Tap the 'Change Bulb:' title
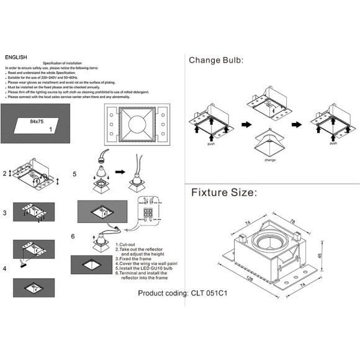coord(216,60)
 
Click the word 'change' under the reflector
coord(270,160)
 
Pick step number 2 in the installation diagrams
coord(4,174)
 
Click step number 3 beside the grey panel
coord(4,213)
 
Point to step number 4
coord(4,268)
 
